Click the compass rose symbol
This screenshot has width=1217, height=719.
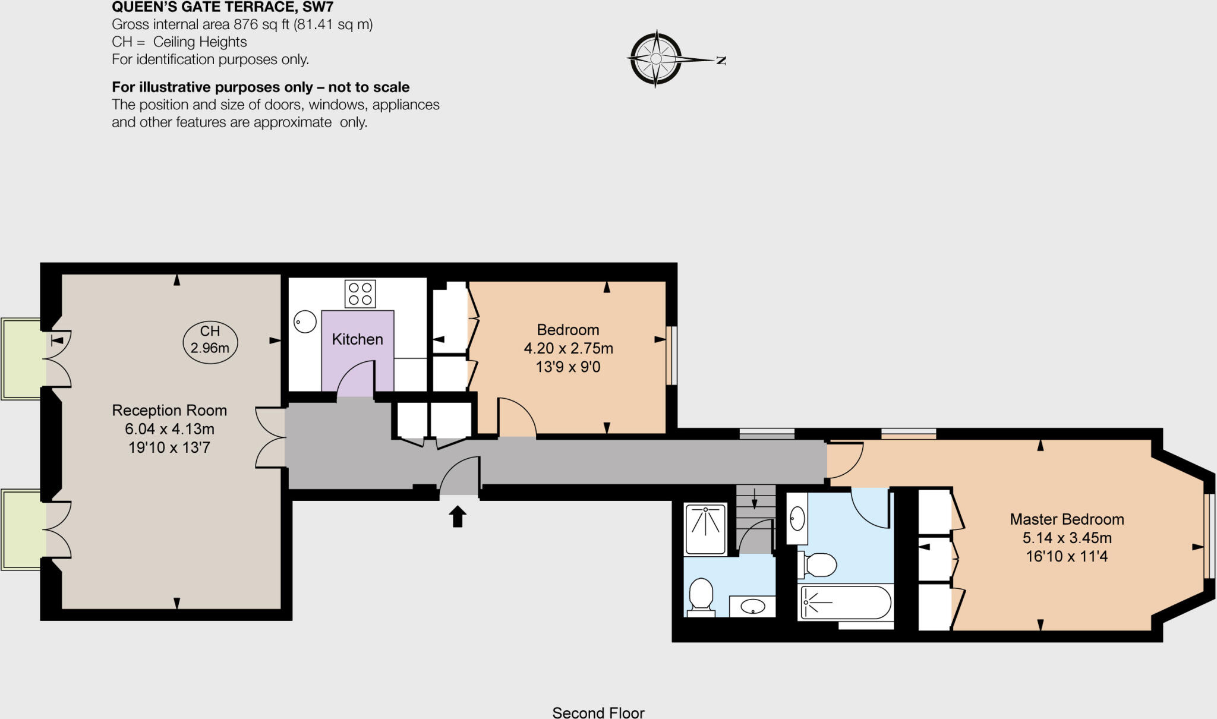click(655, 59)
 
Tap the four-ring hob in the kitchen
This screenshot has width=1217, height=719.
click(360, 294)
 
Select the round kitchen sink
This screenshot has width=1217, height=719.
click(305, 322)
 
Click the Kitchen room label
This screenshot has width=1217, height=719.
click(357, 339)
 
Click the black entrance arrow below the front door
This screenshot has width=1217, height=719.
click(457, 516)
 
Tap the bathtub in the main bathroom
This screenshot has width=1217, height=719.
click(846, 603)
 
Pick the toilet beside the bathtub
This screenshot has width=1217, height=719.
click(818, 565)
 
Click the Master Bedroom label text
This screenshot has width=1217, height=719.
click(1067, 519)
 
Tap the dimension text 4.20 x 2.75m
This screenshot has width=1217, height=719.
click(568, 349)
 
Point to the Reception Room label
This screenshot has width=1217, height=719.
click(169, 411)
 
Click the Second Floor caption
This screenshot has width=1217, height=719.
click(598, 712)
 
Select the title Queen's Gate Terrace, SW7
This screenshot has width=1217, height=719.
click(223, 7)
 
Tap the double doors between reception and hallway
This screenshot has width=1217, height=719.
click(270, 437)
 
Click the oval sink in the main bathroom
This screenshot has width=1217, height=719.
click(797, 519)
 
